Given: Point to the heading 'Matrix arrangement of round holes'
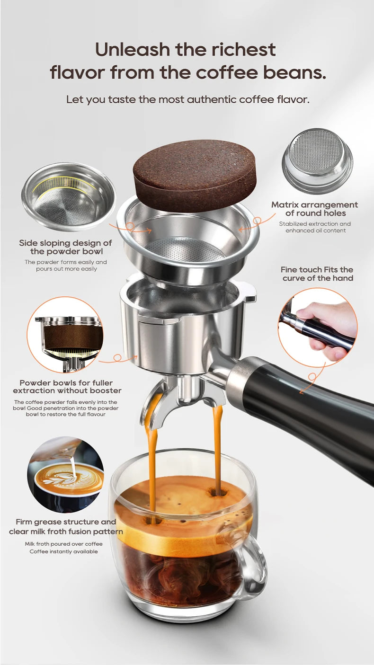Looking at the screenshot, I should tap(314, 209).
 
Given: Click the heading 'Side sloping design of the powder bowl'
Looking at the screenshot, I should tap(65, 247).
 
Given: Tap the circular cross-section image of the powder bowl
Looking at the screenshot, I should tap(65, 335).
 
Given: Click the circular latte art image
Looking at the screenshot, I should tap(65, 474).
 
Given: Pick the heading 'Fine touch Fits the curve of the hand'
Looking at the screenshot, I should tap(317, 274).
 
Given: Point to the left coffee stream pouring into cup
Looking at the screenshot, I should tap(152, 469).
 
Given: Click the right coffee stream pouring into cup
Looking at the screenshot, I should tap(217, 450).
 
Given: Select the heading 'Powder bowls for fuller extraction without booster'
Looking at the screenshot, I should tap(67, 386).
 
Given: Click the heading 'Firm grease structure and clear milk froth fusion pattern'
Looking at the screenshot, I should tap(65, 526).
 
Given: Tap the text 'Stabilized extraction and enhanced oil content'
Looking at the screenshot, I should tap(315, 227).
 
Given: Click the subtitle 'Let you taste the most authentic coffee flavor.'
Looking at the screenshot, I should tap(187, 99).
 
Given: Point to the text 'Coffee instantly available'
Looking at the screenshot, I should tap(63, 551).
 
